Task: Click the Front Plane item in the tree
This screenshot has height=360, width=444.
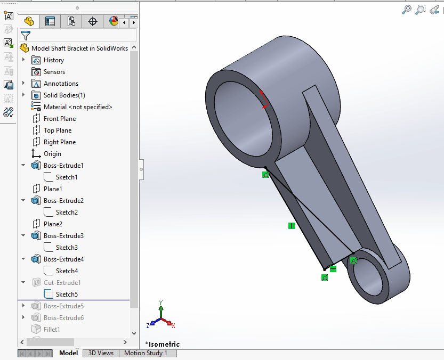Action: tap(59, 119)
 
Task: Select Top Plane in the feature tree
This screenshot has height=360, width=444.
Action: tap(57, 130)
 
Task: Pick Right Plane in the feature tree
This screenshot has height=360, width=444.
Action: tap(59, 142)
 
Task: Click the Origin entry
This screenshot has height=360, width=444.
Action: tap(52, 154)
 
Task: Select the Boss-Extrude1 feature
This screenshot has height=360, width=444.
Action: tap(63, 166)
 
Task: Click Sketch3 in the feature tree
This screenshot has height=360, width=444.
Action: tap(67, 248)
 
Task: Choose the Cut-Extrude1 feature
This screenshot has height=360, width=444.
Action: tap(62, 283)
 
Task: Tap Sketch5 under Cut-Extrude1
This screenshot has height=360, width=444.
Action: tap(67, 294)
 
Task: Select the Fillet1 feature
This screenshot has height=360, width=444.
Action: tap(52, 330)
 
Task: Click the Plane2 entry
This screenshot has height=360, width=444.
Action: tap(53, 224)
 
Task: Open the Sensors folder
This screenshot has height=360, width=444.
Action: tap(54, 72)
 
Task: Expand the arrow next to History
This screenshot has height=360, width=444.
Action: tap(23, 60)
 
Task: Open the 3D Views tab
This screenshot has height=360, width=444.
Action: tap(101, 353)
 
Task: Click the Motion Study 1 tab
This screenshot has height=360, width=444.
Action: tap(146, 353)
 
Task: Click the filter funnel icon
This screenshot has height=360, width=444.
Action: tap(25, 36)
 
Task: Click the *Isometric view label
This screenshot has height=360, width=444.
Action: tap(163, 344)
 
